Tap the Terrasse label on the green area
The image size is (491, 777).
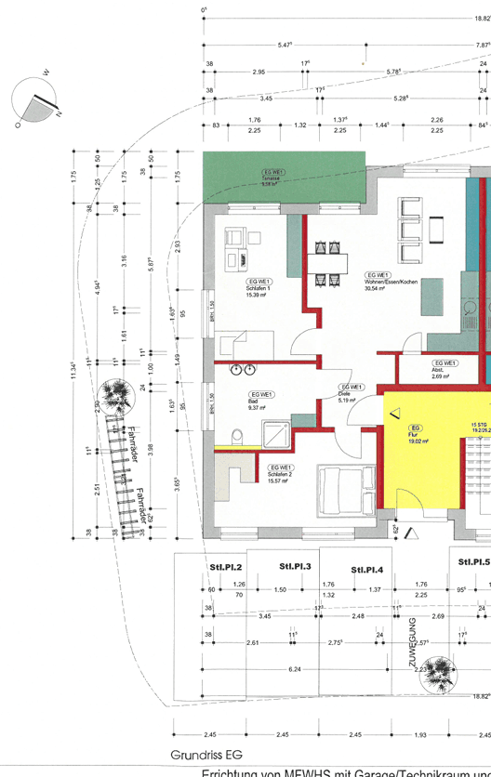(x=272, y=178)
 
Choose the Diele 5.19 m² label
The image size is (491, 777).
(x=351, y=393)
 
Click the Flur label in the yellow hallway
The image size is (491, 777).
(x=415, y=434)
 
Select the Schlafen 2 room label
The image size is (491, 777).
(x=281, y=474)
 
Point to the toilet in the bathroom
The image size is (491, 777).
(x=237, y=433)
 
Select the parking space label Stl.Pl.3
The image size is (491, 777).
(x=295, y=566)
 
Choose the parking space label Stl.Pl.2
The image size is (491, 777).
(x=225, y=567)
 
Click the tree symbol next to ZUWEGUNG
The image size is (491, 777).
(x=442, y=674)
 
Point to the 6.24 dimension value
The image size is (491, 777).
(x=295, y=669)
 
